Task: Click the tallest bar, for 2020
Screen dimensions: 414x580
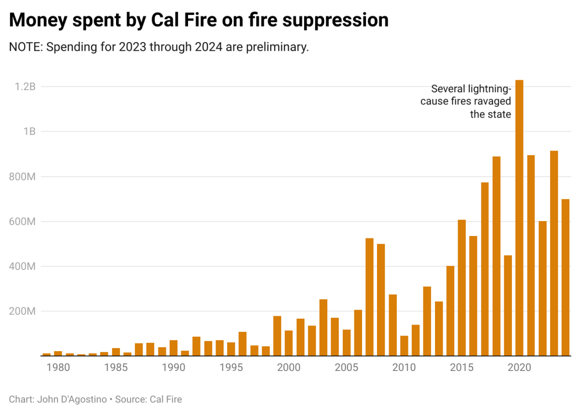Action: pyautogui.click(x=519, y=218)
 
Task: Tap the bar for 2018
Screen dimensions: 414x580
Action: pyautogui.click(x=496, y=256)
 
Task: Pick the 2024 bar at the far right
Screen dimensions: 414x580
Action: pyautogui.click(x=565, y=278)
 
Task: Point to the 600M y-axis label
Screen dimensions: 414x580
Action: pyautogui.click(x=23, y=222)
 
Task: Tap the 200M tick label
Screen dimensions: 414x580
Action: pyautogui.click(x=23, y=311)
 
